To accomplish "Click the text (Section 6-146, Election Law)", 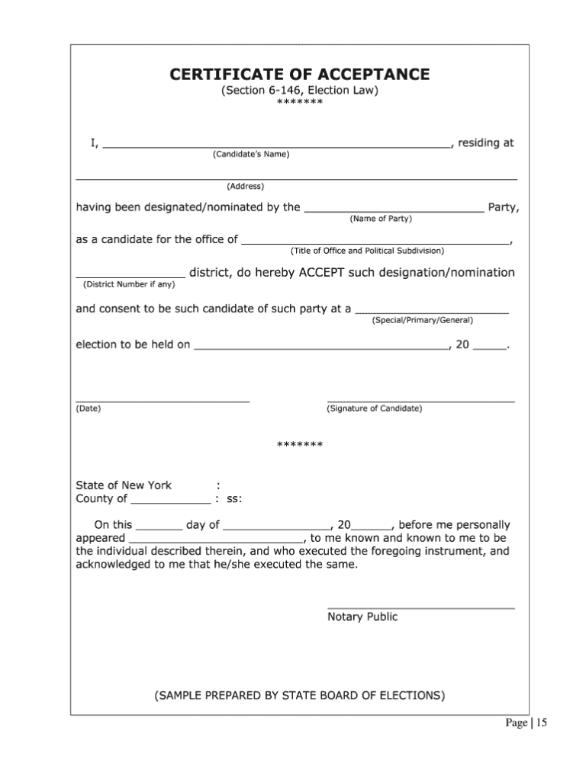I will (x=299, y=91).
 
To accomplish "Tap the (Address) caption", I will (x=245, y=186).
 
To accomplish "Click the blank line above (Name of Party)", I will (x=393, y=208).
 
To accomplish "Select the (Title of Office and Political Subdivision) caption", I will (x=367, y=251).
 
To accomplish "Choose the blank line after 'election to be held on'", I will (x=321, y=347).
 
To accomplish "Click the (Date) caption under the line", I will (x=89, y=408).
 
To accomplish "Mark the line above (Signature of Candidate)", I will (x=420, y=400).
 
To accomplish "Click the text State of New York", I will (x=124, y=485).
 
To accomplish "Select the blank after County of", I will (x=171, y=502).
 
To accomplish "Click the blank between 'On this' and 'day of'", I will (x=159, y=527).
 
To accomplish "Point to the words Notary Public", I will (x=362, y=616).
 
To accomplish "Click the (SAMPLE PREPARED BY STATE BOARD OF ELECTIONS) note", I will (x=299, y=695).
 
